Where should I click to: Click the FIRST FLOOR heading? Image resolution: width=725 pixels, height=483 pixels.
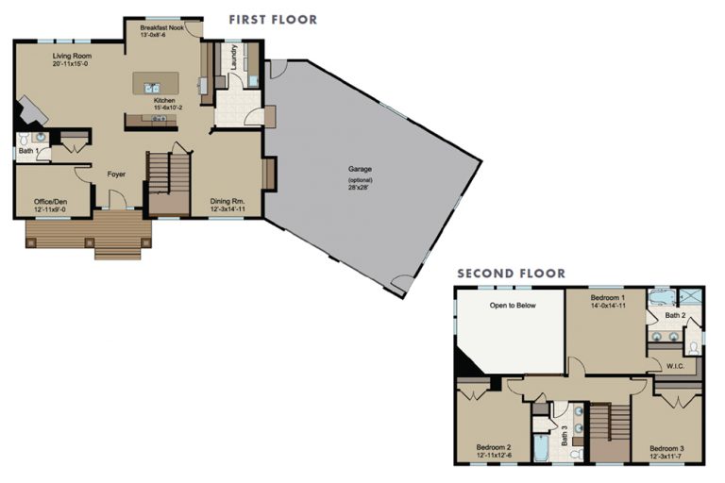point(273,19)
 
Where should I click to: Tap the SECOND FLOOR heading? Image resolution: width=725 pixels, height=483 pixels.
point(511,274)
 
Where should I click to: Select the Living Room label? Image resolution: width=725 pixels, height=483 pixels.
point(72,56)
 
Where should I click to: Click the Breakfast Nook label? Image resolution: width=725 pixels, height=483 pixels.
point(161,28)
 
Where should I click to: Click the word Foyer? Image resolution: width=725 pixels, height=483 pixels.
point(116,174)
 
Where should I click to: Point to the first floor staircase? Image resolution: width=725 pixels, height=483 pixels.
point(169,184)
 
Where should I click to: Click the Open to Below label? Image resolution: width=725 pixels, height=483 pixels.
point(511,306)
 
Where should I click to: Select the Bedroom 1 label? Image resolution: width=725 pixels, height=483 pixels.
point(608,295)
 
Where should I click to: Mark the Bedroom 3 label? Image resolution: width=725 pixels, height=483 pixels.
point(666,447)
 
